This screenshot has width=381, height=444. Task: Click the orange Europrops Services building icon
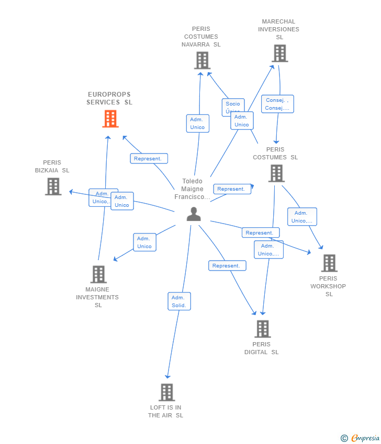110,119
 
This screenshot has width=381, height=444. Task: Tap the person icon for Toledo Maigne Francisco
194,214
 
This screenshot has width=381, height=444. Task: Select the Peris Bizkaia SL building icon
53,186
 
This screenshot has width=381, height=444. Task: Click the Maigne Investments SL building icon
98,274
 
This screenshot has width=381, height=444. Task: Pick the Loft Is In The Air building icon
166,392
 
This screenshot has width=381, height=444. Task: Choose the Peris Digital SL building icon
262,329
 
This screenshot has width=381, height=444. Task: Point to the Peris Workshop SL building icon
329,263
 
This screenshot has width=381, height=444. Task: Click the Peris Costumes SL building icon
276,173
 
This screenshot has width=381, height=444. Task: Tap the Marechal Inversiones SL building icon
279,53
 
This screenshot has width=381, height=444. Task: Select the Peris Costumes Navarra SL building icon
202,61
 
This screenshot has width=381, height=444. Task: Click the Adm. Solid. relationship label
179,301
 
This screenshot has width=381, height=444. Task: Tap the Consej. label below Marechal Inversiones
277,104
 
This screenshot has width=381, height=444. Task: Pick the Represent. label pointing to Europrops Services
149,159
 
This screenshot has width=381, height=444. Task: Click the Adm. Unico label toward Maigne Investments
144,242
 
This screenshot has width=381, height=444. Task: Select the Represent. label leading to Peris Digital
227,266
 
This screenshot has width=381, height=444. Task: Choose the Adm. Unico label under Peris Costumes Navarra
197,123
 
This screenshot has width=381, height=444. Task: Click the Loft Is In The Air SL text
165,412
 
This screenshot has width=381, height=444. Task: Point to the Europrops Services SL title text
109,98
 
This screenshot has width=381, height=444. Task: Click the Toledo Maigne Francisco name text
192,189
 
